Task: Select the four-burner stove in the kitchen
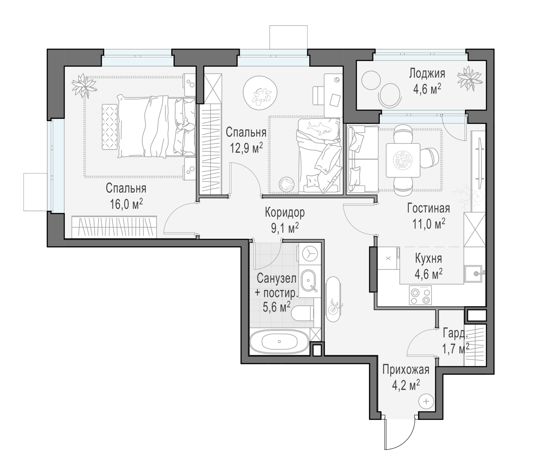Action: point(420,295)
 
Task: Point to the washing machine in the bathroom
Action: point(310,253)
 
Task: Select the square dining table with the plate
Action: point(403,160)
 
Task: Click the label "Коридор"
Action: point(285,213)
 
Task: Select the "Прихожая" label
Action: point(406,370)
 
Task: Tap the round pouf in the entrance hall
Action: point(426,401)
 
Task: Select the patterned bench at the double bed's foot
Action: point(109,127)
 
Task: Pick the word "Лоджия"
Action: point(427,73)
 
